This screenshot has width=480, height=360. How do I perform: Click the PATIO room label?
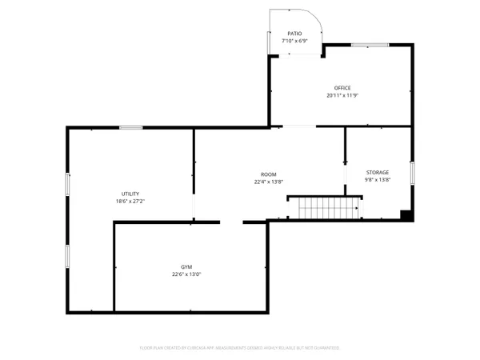click(295, 34)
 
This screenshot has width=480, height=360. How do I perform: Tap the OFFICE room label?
click(342, 88)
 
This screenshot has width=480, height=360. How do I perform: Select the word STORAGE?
click(378, 173)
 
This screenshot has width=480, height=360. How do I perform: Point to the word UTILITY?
click(130, 194)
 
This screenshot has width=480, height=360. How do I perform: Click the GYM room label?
click(186, 266)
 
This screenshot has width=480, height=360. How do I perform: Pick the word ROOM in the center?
click(268, 174)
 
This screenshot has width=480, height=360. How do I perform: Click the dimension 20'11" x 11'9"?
click(342, 95)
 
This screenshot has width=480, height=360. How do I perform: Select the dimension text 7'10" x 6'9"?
click(295, 40)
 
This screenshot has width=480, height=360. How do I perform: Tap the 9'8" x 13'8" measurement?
click(378, 180)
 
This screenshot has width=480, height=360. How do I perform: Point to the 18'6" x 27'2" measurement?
click(130, 201)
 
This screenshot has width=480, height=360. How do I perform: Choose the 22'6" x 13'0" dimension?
click(186, 274)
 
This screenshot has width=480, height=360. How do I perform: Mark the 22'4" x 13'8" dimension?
click(268, 182)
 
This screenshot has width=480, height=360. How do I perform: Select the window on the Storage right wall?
click(413, 173)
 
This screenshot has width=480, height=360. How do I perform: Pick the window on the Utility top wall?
click(130, 128)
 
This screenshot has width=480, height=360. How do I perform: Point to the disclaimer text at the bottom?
click(240, 349)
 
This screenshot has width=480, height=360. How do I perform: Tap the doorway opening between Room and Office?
click(298, 127)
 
